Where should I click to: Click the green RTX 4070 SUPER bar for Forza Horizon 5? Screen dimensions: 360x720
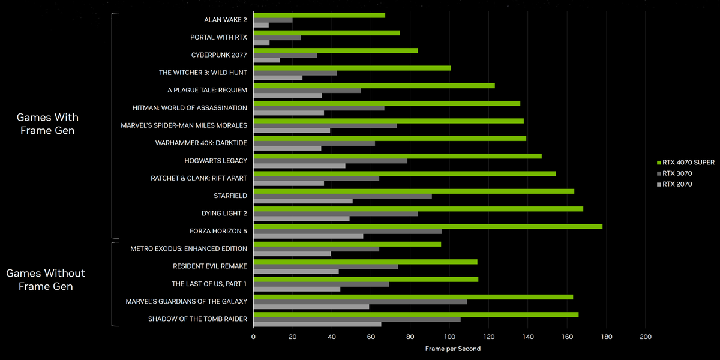click(428, 226)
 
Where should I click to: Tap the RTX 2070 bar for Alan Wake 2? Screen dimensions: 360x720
click(261, 25)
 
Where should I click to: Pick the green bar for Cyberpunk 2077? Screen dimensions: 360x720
click(335, 50)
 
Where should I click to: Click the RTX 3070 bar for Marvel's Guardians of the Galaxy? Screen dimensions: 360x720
click(360, 302)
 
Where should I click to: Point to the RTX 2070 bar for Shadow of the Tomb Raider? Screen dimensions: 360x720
click(317, 325)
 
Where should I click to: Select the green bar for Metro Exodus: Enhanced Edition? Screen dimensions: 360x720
click(347, 244)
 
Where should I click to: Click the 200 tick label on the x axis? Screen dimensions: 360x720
click(646, 337)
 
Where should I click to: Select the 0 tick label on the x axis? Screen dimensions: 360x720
click(254, 337)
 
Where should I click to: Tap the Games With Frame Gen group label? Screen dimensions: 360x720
click(47, 124)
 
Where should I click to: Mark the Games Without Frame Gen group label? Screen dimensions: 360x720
click(46, 280)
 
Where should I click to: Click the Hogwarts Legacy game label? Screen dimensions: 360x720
click(215, 161)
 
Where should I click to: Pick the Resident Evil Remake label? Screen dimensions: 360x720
click(210, 266)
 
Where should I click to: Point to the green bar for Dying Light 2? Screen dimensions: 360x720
click(418, 209)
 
